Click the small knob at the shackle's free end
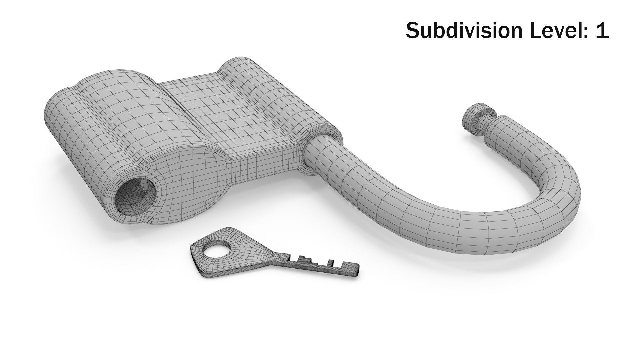(x=476, y=120)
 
